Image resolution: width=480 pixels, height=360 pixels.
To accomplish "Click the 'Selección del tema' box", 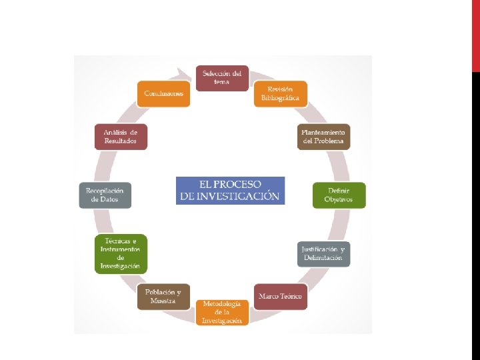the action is (x=222, y=77).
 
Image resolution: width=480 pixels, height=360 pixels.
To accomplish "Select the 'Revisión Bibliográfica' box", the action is (x=281, y=94).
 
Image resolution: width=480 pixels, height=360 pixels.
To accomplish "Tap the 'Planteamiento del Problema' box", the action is (x=323, y=137).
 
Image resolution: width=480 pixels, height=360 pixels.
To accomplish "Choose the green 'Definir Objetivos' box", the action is (x=339, y=195).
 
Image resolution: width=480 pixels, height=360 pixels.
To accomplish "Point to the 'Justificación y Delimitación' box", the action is (x=323, y=253).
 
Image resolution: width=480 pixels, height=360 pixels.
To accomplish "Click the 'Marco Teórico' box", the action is (x=281, y=296).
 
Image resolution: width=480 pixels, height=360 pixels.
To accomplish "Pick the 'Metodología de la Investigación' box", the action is (x=222, y=312).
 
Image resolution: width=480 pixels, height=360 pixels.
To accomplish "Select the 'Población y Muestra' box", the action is (x=163, y=296).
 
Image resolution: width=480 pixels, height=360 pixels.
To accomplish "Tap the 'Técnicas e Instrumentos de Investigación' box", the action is (x=121, y=253).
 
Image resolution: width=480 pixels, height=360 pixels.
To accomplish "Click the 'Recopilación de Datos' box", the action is (x=105, y=195).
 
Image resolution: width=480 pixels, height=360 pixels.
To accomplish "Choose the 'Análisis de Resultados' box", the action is (x=121, y=137).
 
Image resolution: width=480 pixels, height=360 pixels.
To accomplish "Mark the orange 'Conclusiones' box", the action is (x=163, y=94).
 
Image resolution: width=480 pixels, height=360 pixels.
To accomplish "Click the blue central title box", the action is (x=230, y=190).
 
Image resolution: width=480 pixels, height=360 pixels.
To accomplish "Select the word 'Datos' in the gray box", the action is (x=105, y=199).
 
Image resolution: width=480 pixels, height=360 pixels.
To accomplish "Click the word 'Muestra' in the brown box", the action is (x=163, y=301).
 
